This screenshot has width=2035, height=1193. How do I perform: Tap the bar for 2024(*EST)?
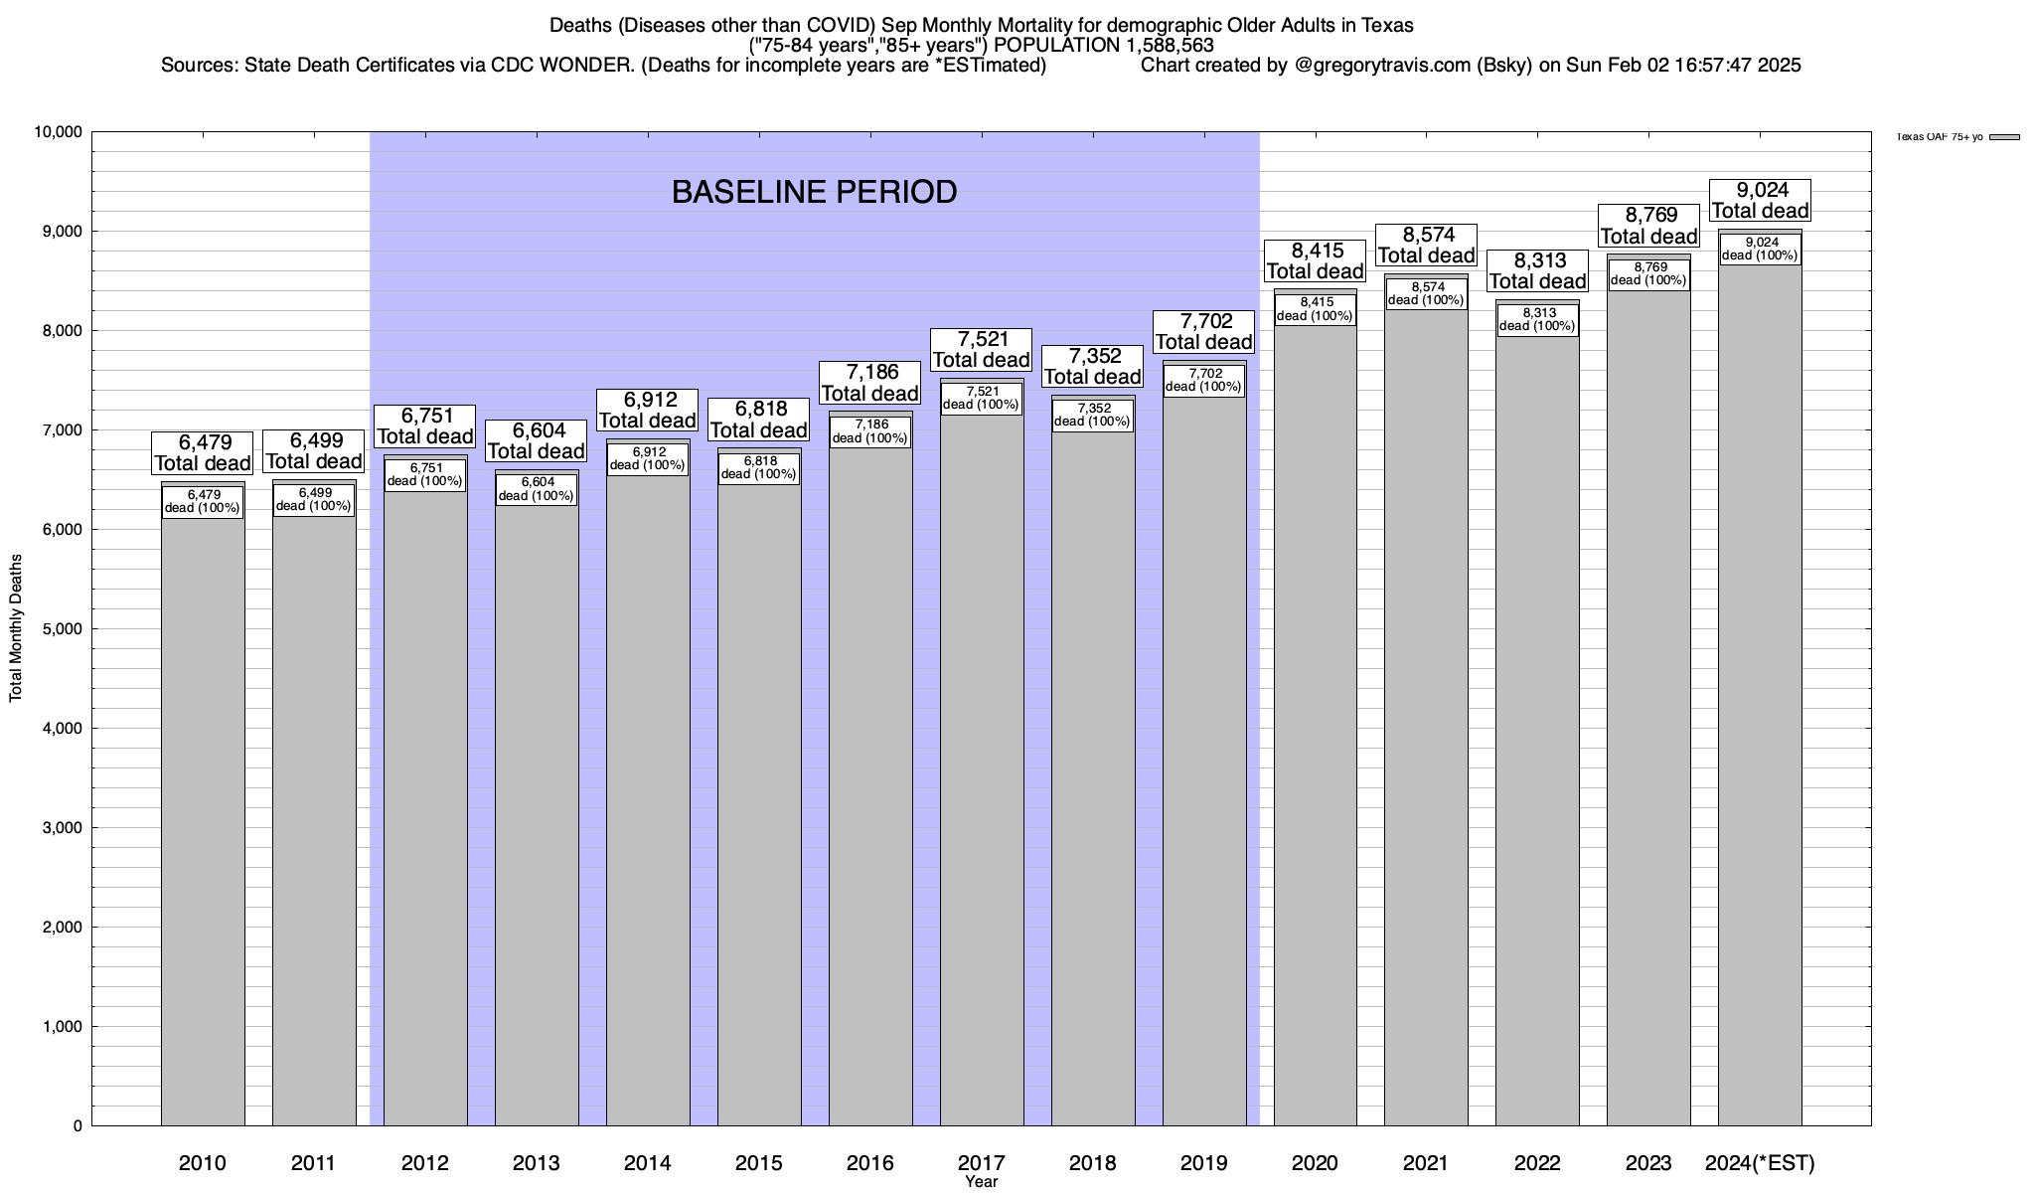(1760, 696)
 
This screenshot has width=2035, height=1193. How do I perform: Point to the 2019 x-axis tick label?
(1203, 1162)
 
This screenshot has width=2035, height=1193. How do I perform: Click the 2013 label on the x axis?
(537, 1162)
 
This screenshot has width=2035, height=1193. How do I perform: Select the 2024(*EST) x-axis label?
(1760, 1162)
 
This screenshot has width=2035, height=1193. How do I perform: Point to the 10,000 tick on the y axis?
(58, 132)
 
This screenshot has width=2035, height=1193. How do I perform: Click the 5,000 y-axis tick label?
(62, 629)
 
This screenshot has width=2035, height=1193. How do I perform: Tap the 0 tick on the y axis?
(78, 1126)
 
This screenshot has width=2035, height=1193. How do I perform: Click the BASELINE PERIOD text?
(814, 192)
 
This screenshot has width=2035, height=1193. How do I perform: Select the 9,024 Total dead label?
(1760, 200)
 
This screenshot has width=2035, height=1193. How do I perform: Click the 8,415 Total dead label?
(1316, 260)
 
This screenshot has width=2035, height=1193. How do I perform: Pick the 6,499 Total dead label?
(314, 450)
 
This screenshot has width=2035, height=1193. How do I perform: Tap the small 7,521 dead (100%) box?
(981, 398)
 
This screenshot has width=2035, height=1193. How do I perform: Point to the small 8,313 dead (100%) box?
(1537, 319)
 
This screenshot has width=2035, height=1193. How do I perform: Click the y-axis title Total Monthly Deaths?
(16, 627)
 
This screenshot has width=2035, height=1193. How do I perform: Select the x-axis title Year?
(981, 1182)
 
